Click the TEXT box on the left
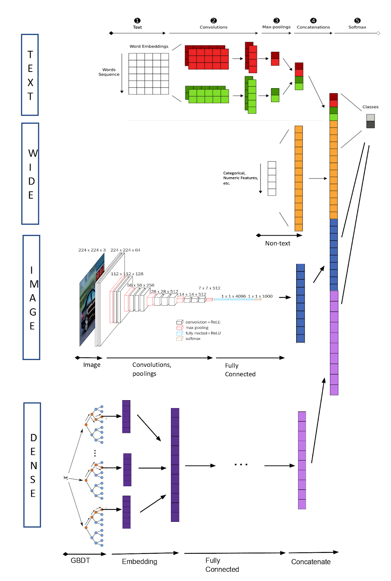pos(30,75)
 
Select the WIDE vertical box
pos(30,174)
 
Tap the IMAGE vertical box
pos(32,297)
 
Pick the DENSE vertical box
pos(32,465)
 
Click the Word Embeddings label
pos(149,46)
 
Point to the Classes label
pos(370,107)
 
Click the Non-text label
pos(277,243)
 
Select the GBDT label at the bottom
pos(80,560)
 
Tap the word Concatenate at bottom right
pos(311,562)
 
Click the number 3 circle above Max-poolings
pos(277,21)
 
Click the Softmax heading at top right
pos(357,27)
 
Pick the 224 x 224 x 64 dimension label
pos(125,250)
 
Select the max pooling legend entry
pos(197,328)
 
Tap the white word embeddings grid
pos(148,74)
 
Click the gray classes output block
pos(370,121)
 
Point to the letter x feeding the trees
pos(65,478)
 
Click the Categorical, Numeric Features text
pos(240,178)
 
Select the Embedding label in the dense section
pos(139,561)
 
